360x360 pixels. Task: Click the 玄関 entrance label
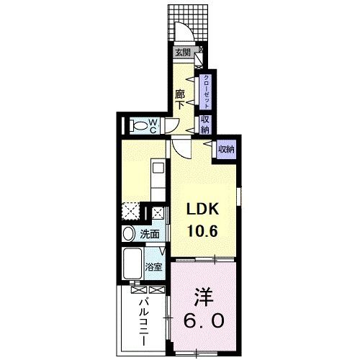[x=182, y=52]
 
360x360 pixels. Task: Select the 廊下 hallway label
[x=181, y=98]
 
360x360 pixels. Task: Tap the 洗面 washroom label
[x=150, y=234]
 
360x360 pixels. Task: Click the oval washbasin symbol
[x=128, y=234]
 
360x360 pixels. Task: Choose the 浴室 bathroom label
[x=154, y=266]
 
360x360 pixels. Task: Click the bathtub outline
[x=132, y=265]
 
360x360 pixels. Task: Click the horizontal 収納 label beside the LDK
[x=226, y=149]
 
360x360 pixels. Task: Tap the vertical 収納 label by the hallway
[x=205, y=125]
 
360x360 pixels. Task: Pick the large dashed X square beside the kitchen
[x=130, y=211]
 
